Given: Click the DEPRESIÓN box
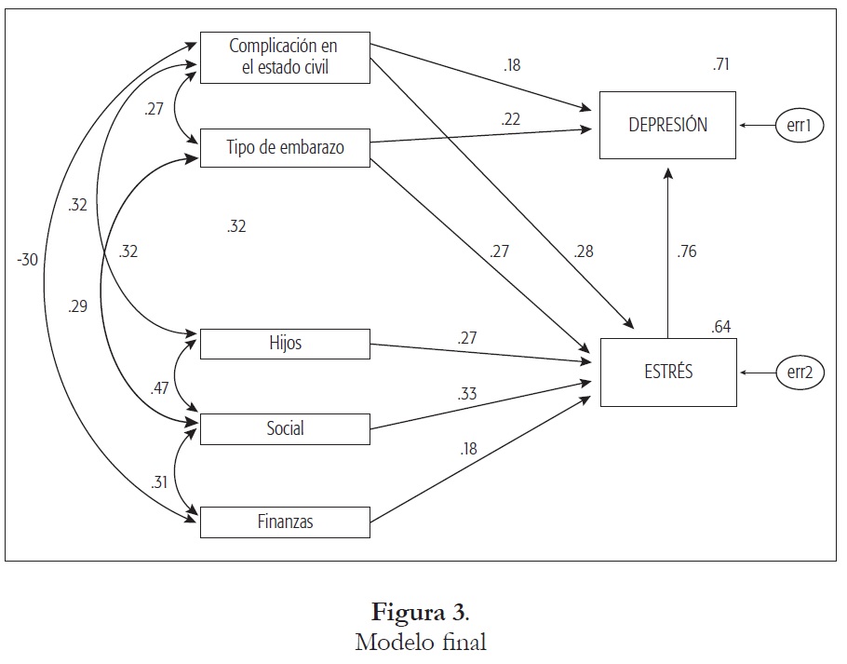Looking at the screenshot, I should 667,125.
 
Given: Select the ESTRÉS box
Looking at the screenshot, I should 667,373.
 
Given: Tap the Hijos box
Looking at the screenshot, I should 285,344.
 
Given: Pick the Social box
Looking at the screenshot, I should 285,428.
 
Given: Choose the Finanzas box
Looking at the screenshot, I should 285,522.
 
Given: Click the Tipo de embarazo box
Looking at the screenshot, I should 285,148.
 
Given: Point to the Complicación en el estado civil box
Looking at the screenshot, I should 285,55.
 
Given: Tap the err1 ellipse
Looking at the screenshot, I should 800,126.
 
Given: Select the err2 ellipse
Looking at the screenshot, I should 800,373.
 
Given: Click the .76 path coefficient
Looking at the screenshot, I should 687,251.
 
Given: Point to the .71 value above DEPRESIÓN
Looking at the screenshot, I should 721,64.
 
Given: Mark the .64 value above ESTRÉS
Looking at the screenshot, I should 721,326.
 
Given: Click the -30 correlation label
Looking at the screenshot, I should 27,260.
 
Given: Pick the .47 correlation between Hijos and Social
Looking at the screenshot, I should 160,388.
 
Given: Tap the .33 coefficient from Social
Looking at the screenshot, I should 467,394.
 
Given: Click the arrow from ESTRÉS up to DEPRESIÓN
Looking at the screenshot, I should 667,251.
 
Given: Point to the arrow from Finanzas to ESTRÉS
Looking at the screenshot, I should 479,458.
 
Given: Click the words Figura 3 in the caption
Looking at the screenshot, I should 419,613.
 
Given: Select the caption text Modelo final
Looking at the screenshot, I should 421,642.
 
